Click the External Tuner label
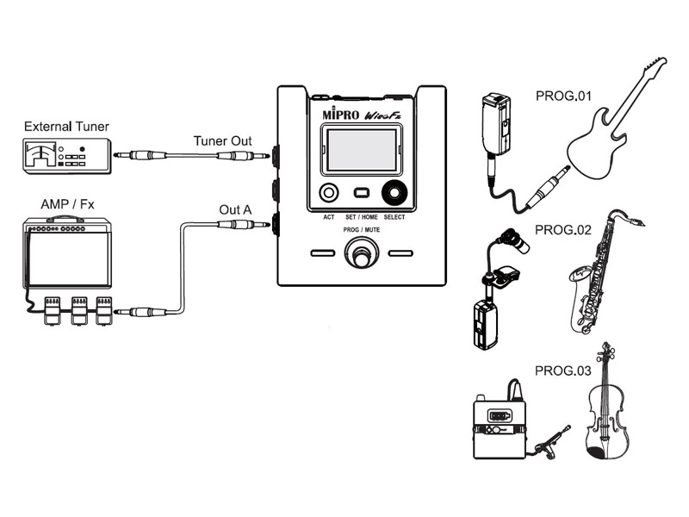[x=66, y=127]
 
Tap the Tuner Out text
[x=222, y=141]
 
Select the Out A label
[x=235, y=209]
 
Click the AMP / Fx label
[x=67, y=204]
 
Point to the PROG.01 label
[x=563, y=96]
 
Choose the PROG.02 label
[x=563, y=230]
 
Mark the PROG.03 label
[x=563, y=371]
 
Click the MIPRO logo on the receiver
[x=340, y=114]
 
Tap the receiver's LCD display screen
[x=362, y=150]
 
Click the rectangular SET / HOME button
[x=361, y=192]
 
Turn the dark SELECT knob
[x=394, y=193]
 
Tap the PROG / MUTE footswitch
[x=361, y=252]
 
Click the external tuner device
[x=67, y=156]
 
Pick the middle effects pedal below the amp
[x=79, y=311]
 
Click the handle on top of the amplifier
[x=65, y=219]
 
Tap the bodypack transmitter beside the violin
[x=500, y=426]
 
